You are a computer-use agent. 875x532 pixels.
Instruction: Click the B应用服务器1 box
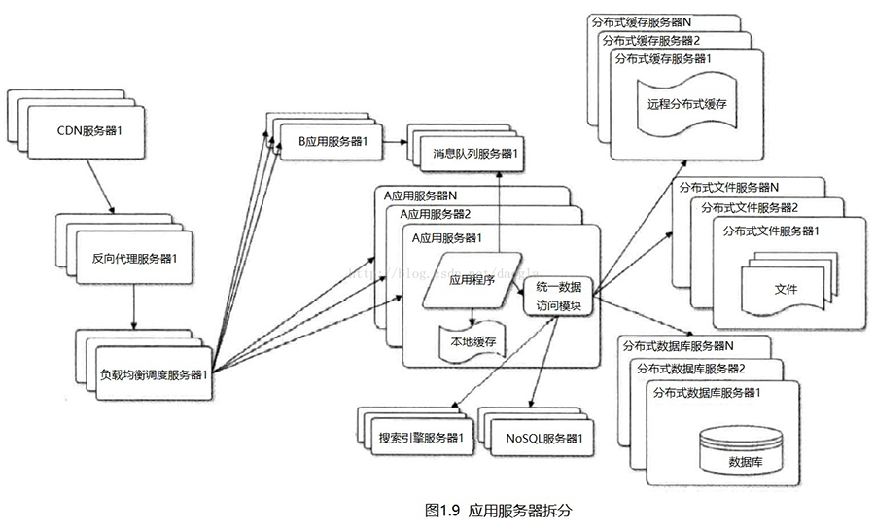click(332, 142)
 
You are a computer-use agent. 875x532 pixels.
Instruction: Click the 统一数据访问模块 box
click(559, 296)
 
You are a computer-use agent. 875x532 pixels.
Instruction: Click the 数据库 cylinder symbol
click(745, 451)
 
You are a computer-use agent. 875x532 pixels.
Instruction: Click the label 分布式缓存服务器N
click(640, 20)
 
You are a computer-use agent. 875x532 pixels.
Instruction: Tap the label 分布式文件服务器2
click(749, 207)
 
